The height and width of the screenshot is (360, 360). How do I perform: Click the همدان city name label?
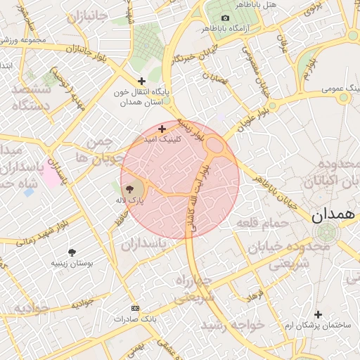(333, 216)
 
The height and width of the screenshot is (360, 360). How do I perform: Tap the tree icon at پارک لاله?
(129, 189)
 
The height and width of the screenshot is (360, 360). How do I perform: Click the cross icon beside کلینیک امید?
(162, 129)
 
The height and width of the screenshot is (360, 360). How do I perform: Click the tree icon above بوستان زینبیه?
(72, 252)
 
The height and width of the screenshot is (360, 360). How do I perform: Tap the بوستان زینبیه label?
(68, 263)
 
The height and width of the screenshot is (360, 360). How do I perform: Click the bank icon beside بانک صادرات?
(135, 308)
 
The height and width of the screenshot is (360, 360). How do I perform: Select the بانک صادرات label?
(134, 319)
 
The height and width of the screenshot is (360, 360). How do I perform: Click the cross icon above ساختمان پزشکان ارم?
(318, 314)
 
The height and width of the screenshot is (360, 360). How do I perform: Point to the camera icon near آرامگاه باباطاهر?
(225, 18)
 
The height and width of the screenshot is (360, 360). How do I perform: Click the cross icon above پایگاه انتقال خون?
(143, 82)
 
